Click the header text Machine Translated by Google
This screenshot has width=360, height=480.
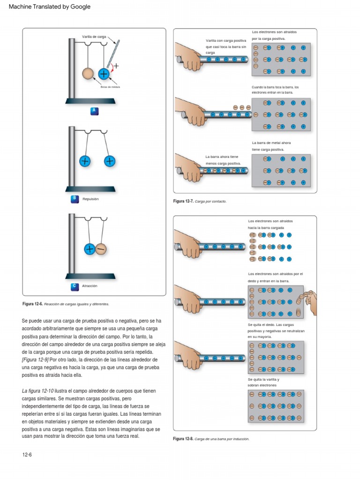pos(50,7)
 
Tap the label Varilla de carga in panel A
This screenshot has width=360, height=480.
pos(95,37)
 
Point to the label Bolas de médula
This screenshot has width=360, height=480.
pos(110,87)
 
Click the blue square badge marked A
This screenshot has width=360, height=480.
pos(94,111)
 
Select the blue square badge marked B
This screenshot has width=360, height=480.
pos(74,199)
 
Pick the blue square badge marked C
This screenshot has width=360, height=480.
pos(74,285)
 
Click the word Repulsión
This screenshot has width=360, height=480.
pos(90,199)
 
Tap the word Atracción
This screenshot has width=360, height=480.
pos(90,285)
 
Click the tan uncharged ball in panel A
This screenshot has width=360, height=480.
pos(88,74)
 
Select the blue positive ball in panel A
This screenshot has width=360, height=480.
pos(104,74)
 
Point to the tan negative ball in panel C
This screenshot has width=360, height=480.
pos(101,249)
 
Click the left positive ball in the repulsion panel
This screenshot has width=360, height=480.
pos(85,161)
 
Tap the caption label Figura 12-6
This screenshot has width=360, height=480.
pos(32,304)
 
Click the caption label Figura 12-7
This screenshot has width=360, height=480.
pos(183,201)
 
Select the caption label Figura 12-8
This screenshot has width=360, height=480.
pos(183,439)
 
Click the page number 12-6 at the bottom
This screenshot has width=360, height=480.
pos(27,455)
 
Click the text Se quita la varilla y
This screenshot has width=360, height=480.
pos(263,379)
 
